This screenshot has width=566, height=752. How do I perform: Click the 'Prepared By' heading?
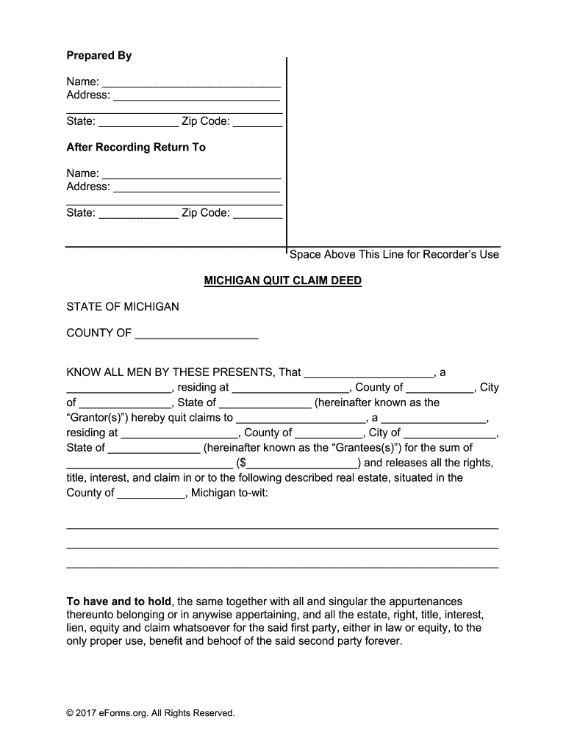click(99, 56)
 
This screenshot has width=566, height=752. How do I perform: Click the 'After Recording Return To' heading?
click(136, 148)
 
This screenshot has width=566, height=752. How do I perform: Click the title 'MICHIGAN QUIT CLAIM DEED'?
click(282, 281)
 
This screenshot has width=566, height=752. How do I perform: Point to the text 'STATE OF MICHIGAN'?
click(123, 306)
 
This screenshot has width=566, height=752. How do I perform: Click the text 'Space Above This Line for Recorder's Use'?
click(394, 255)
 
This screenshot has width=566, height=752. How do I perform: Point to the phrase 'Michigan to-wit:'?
click(230, 493)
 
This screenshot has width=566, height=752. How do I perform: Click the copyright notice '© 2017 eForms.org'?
click(151, 713)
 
